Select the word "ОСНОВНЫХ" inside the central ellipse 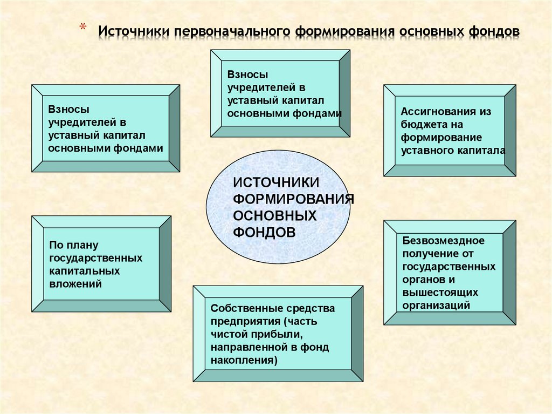coord(274,216)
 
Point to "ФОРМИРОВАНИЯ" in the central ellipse coord(293,199)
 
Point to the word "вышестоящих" coord(440,292)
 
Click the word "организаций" coord(436,305)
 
